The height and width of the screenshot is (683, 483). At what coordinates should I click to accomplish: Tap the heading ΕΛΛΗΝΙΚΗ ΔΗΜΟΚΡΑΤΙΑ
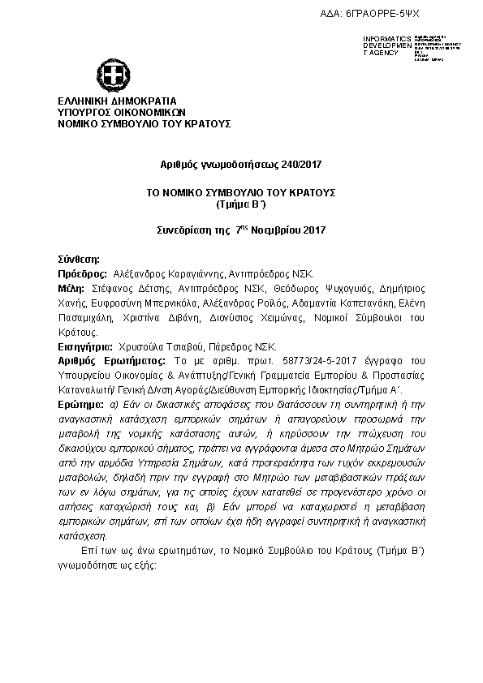(106, 101)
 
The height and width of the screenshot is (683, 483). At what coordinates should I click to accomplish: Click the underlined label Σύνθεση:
(79, 261)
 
